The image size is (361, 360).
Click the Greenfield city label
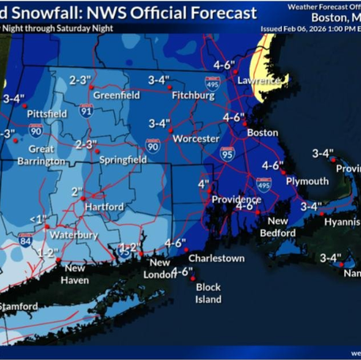tap(116, 95)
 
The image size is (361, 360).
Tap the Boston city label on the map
tap(263, 133)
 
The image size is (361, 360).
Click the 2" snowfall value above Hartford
tap(77, 191)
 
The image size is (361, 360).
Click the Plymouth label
tap(306, 181)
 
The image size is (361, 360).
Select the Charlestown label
tap(215, 258)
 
